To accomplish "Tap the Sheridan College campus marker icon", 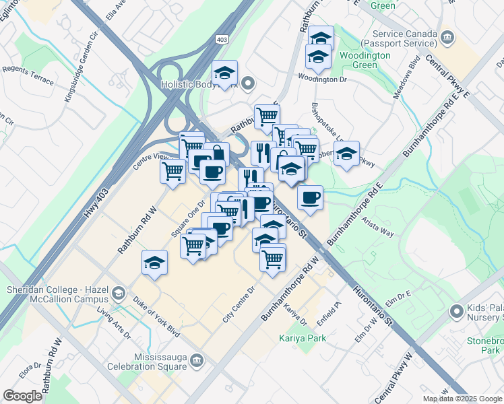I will [119, 292].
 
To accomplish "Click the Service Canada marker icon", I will [446, 37].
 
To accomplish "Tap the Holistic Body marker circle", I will [248, 84].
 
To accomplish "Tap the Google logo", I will [22, 395].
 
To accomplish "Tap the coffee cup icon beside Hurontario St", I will [310, 198].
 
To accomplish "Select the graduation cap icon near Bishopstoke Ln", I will [346, 154].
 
